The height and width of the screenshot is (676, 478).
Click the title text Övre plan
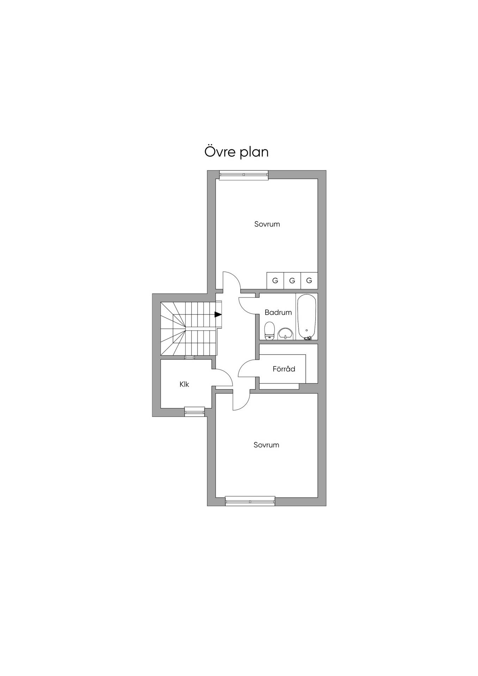236,152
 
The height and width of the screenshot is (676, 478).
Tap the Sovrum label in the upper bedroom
267,224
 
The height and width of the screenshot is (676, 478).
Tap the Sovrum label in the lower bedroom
266,445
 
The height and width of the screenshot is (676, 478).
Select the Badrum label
278,312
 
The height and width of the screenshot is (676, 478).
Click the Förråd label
284,369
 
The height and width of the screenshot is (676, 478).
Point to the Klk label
184,384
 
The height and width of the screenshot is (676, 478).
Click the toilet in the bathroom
270,331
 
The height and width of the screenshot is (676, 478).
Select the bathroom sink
285,334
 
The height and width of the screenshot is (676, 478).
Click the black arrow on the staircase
218,314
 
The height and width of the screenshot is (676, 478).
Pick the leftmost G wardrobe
275,281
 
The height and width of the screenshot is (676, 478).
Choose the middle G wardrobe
292,281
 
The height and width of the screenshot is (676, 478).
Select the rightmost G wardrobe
309,281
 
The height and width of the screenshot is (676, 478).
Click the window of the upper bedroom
243,175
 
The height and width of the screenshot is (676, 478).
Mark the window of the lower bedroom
250,501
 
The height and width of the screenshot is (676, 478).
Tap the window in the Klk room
194,412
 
